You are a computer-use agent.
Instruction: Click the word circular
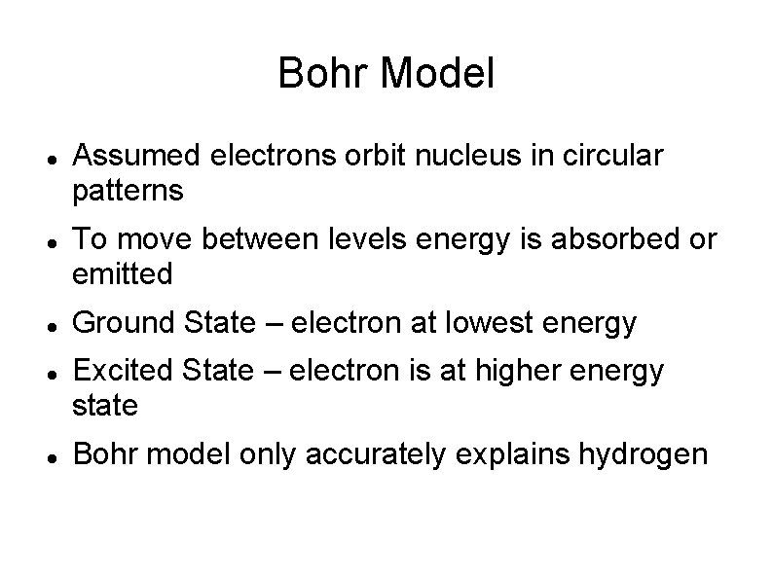pyautogui.click(x=612, y=156)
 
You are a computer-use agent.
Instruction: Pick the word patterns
pyautogui.click(x=128, y=190)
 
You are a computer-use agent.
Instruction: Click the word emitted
pyautogui.click(x=123, y=274)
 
